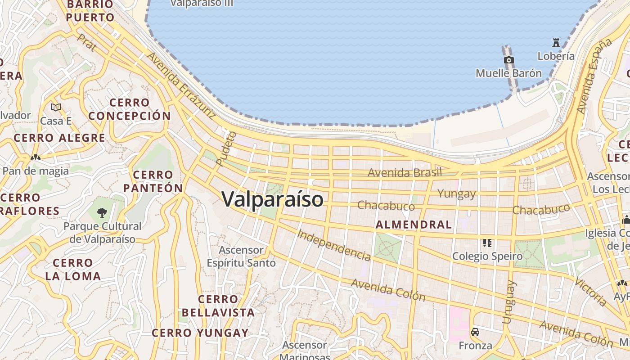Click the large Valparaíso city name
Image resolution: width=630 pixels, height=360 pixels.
point(273,199)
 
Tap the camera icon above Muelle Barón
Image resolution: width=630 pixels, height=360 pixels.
point(508,60)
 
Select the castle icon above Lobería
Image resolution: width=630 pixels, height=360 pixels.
point(556,43)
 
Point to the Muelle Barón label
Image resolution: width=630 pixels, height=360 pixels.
point(508,73)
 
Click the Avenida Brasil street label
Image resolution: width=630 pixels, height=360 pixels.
point(405,172)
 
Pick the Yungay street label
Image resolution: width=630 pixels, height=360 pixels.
point(457,194)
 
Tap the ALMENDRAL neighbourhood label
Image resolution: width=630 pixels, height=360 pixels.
point(414,225)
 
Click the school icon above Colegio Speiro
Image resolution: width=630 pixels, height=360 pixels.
point(487,243)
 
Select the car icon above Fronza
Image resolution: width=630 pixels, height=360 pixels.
point(475,332)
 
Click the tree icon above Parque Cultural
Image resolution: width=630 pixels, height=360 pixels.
point(103,212)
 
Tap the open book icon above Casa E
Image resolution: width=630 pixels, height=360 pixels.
point(56,107)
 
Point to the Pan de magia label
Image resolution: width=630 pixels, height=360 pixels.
point(36,171)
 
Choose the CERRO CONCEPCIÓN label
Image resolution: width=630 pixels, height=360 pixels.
point(130,109)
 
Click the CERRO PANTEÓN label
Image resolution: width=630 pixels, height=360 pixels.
point(153,181)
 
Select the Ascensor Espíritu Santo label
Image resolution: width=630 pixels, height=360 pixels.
point(241,256)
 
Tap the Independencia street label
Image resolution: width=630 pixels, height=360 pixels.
point(334,245)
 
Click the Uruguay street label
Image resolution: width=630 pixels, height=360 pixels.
point(508,302)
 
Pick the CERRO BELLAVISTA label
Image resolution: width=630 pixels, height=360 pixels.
point(218,306)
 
